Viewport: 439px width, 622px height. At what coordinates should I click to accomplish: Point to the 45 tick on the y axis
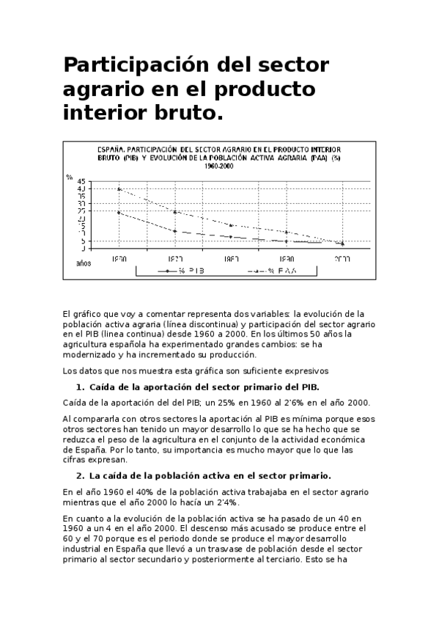[x=81, y=181]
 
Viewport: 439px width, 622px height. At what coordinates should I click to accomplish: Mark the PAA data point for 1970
[x=174, y=212]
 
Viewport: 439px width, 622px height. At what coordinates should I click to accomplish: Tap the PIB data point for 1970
[x=174, y=231]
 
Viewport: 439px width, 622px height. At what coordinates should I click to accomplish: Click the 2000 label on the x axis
[x=342, y=259]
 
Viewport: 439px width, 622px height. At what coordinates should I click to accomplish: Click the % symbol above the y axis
[x=69, y=176]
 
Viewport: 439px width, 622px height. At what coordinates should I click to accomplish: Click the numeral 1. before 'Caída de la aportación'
[x=80, y=387]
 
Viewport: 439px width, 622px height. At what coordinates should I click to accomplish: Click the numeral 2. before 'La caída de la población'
[x=80, y=475]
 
